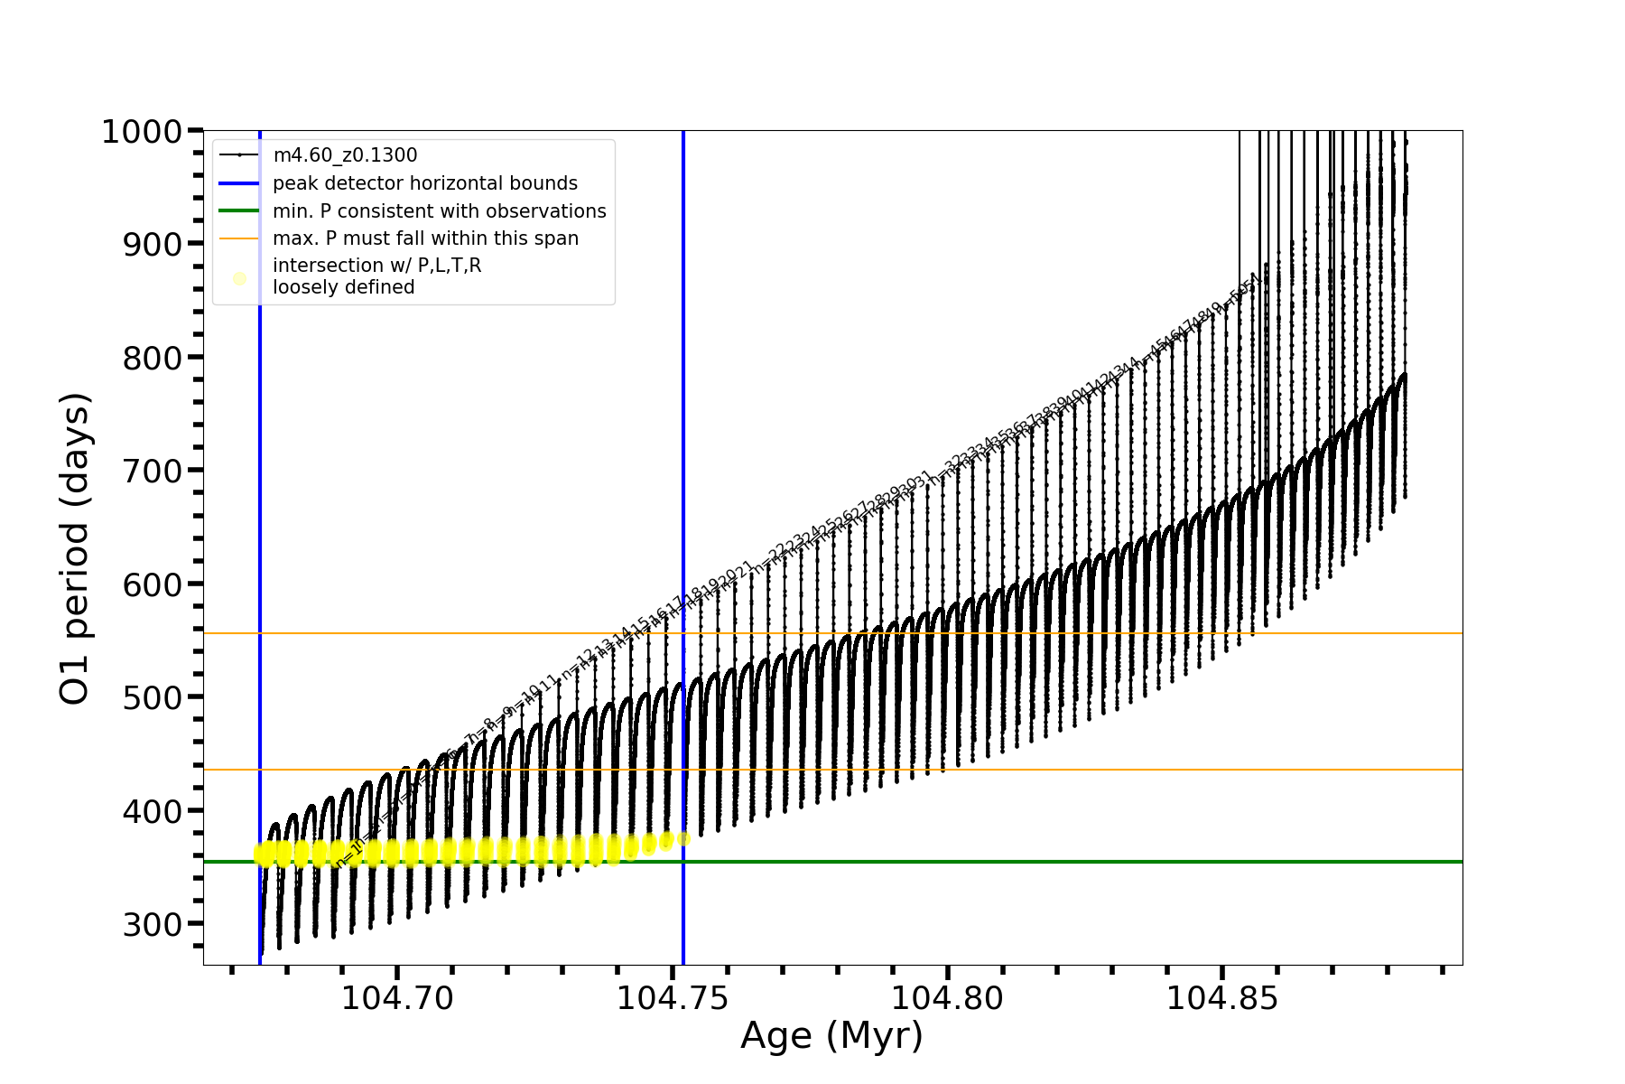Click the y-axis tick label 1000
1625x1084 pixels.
[x=142, y=132]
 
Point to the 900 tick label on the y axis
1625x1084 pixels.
[x=152, y=244]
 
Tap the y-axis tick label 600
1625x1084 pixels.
[x=152, y=584]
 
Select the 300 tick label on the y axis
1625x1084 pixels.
[x=152, y=924]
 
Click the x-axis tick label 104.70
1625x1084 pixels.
[x=397, y=998]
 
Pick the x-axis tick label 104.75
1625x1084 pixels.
[x=673, y=998]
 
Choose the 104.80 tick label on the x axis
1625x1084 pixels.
[x=948, y=998]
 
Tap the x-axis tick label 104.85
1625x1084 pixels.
[x=1222, y=998]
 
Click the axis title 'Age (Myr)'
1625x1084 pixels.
[x=831, y=1036]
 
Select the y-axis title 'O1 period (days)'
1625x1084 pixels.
[x=75, y=548]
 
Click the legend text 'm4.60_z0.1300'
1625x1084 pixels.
[x=345, y=155]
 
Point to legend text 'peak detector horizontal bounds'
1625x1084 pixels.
[x=425, y=183]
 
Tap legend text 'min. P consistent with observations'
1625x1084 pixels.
[x=440, y=211]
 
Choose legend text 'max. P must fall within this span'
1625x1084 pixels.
[x=425, y=238]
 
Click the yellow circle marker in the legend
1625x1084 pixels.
[x=239, y=278]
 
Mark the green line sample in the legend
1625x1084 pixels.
[x=239, y=211]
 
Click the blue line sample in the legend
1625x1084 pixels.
[x=239, y=183]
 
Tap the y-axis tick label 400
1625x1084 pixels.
[x=152, y=811]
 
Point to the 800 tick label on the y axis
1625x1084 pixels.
[x=152, y=358]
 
